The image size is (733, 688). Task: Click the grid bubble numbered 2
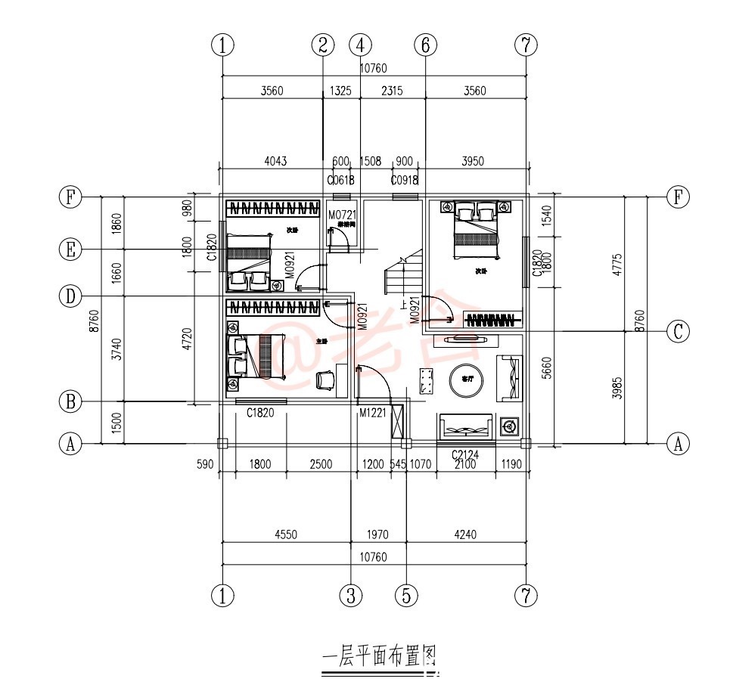click(x=323, y=45)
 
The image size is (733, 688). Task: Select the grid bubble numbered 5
click(x=407, y=596)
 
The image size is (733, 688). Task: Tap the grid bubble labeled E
click(x=70, y=249)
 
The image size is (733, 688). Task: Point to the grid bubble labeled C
click(x=678, y=330)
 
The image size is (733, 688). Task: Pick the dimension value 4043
click(x=275, y=161)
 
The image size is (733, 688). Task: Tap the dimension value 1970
click(x=377, y=535)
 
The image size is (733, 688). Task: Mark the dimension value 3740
click(x=116, y=349)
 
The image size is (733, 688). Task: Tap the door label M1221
click(x=372, y=413)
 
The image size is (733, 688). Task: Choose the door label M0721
click(x=342, y=215)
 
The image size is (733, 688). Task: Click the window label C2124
click(x=467, y=454)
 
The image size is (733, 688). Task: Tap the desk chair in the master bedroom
click(x=326, y=380)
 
